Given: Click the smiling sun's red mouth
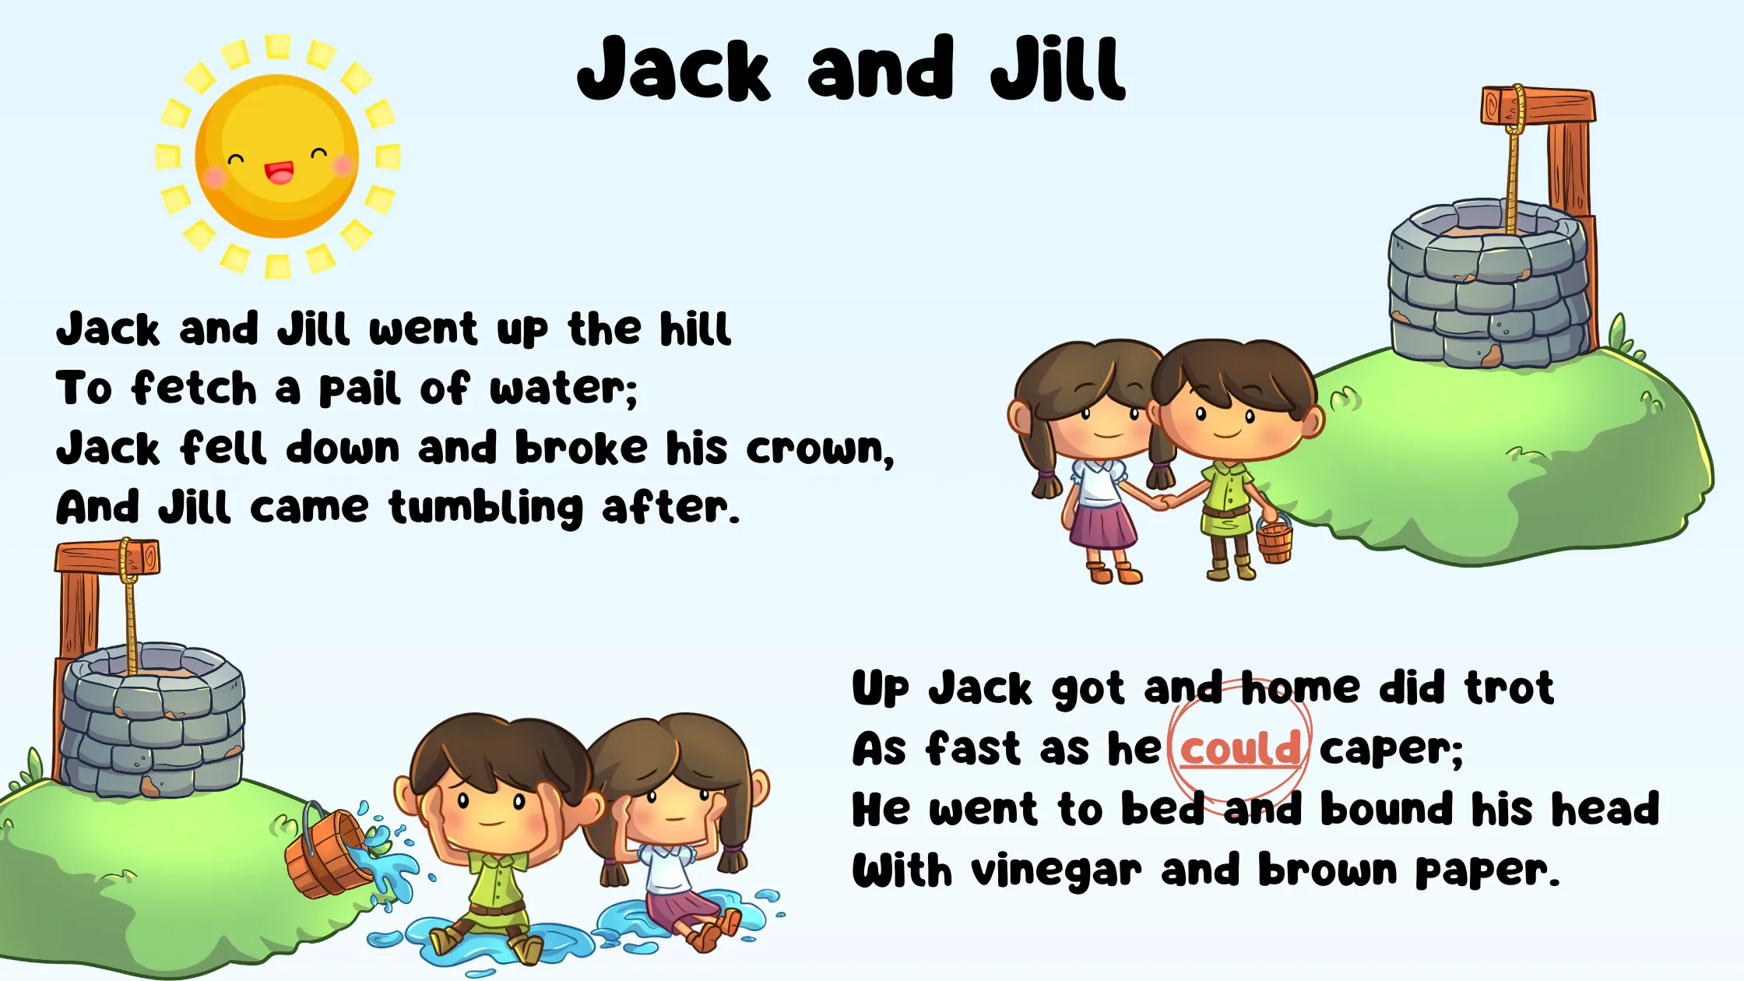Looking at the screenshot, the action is pyautogui.click(x=280, y=173).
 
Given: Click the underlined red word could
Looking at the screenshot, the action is pyautogui.click(x=1240, y=748).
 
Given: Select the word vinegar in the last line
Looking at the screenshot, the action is pyautogui.click(x=1057, y=871).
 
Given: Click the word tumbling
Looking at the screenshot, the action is pyautogui.click(x=486, y=508).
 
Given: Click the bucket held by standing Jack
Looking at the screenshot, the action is pyautogui.click(x=1275, y=539).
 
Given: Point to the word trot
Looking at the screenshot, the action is pyautogui.click(x=1509, y=687).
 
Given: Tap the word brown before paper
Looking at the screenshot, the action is pyautogui.click(x=1327, y=870).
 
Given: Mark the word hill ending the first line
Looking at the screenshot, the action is pyautogui.click(x=695, y=328).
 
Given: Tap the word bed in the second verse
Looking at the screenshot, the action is pyautogui.click(x=1162, y=809).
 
